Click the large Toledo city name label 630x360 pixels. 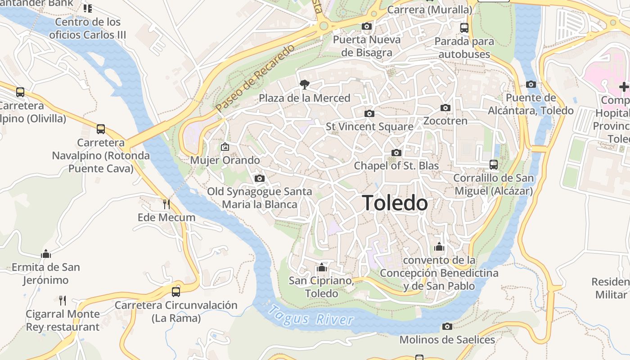pyautogui.click(x=395, y=203)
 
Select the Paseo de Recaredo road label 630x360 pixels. pyautogui.click(x=255, y=79)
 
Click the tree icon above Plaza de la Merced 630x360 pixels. pyautogui.click(x=305, y=84)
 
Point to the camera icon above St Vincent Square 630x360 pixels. pyautogui.click(x=369, y=113)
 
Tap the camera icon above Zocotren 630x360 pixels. pyautogui.click(x=445, y=108)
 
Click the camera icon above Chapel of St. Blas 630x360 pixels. pyautogui.click(x=396, y=153)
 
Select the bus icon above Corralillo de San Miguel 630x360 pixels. pyautogui.click(x=494, y=165)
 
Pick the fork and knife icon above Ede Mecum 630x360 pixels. pyautogui.click(x=166, y=204)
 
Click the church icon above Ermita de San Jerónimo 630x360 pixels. pyautogui.click(x=46, y=254)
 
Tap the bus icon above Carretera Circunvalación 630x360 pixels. pyautogui.click(x=176, y=292)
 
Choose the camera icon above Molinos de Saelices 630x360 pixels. pyautogui.click(x=447, y=327)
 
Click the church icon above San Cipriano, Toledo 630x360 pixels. pyautogui.click(x=321, y=268)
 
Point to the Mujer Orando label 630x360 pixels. pyautogui.click(x=225, y=160)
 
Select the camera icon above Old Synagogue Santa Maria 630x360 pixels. pyautogui.click(x=259, y=179)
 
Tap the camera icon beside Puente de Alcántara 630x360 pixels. pyautogui.click(x=531, y=85)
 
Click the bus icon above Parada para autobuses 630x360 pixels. pyautogui.click(x=464, y=28)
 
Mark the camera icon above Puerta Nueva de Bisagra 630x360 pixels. pyautogui.click(x=367, y=27)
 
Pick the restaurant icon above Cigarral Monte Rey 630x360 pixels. pyautogui.click(x=63, y=300)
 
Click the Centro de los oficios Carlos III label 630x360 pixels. pyautogui.click(x=88, y=28)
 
